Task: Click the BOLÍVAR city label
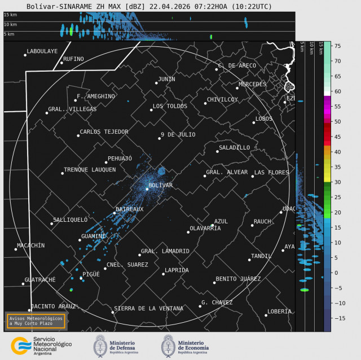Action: point(160,186)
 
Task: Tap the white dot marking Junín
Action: point(156,83)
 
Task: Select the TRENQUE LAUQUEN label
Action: point(90,170)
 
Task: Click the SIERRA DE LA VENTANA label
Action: point(148,309)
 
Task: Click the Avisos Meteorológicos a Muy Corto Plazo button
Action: point(35,321)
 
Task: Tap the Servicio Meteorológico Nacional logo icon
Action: point(21,345)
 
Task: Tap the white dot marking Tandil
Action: point(249,260)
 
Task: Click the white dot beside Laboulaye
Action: point(25,55)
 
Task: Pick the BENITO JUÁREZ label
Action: point(238,279)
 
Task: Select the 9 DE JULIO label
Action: point(178,134)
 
